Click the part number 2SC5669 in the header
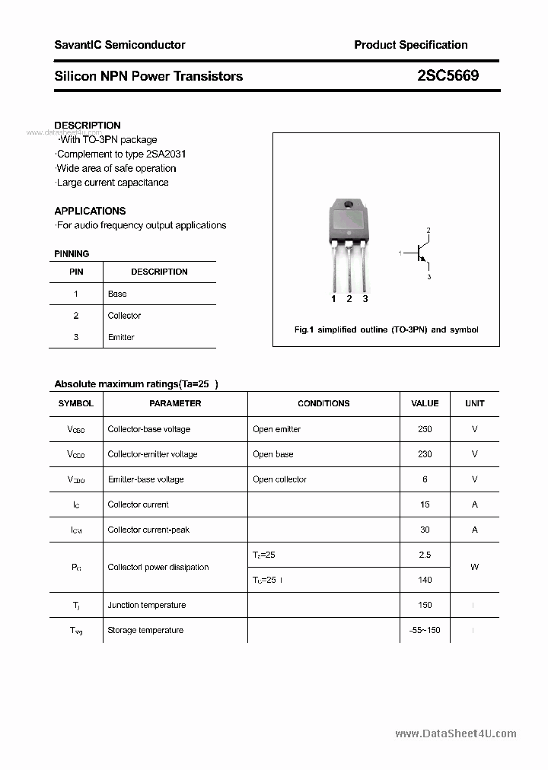click(448, 76)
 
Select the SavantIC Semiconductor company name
click(119, 45)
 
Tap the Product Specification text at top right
click(411, 45)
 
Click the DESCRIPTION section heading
click(88, 126)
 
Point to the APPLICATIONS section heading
click(90, 211)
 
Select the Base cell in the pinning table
click(117, 294)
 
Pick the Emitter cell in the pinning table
click(121, 337)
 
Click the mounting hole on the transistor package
click(349, 205)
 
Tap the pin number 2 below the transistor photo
click(349, 299)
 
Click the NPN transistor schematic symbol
click(419, 253)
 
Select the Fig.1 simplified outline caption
click(386, 329)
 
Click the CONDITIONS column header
click(323, 403)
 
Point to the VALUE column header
click(425, 403)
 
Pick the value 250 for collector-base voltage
click(425, 429)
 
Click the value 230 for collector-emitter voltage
click(425, 454)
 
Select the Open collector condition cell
click(279, 479)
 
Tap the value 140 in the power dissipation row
click(425, 580)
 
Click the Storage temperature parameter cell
click(145, 630)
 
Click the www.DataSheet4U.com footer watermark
click(456, 733)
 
